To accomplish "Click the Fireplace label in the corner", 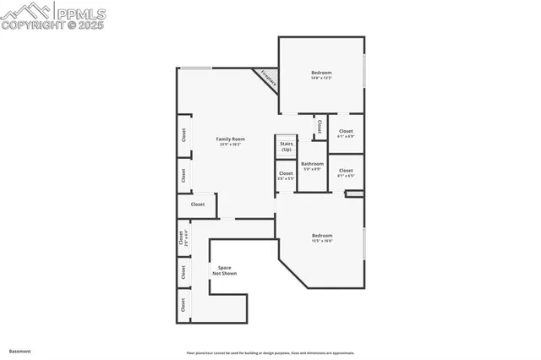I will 267,79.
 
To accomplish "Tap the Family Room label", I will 229,139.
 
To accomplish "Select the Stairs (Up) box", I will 287,146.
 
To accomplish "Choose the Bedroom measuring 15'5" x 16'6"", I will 322,237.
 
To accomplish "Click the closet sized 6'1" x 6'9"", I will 346,133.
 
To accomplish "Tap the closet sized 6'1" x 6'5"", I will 346,172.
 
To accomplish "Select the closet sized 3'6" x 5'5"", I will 287,175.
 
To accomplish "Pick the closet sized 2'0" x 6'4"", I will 182,239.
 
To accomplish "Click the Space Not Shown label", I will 224,270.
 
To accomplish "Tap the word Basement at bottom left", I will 19,350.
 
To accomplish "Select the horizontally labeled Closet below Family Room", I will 197,205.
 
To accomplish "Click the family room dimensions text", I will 229,145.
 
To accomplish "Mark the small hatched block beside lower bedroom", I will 354,194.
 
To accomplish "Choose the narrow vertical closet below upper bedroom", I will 319,127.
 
